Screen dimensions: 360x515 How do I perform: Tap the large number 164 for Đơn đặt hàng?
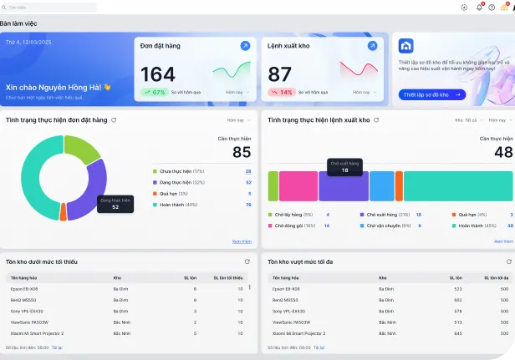(x=158, y=74)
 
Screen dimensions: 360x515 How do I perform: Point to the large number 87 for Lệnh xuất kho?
(x=280, y=74)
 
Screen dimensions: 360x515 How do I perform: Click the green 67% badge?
(x=154, y=92)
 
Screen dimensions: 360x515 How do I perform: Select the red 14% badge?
(x=281, y=92)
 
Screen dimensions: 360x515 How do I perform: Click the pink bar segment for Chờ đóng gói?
(x=298, y=186)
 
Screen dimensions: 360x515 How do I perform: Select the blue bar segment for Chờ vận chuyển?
(x=381, y=186)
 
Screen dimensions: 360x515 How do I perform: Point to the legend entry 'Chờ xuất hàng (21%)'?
(x=387, y=215)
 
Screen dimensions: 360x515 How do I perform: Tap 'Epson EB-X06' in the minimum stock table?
(x=26, y=288)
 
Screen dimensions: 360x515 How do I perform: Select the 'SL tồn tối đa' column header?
(x=499, y=276)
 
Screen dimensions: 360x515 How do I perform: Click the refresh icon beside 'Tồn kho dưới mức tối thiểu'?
(x=247, y=261)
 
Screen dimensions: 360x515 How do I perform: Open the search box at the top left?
(x=50, y=7)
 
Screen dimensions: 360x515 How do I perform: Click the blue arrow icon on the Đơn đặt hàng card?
(x=245, y=46)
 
